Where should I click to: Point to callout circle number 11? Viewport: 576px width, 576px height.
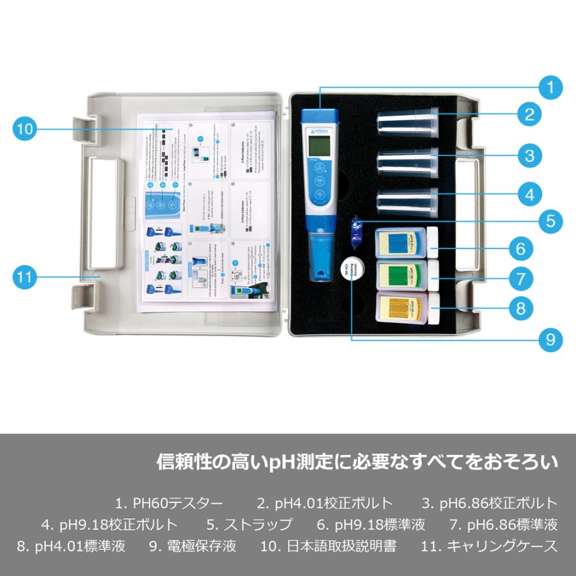(x=24, y=278)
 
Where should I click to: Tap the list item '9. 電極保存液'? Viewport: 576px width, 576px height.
(x=193, y=546)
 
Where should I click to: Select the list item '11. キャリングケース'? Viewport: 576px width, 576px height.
(x=490, y=546)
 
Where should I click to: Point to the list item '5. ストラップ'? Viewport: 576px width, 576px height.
(x=250, y=525)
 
